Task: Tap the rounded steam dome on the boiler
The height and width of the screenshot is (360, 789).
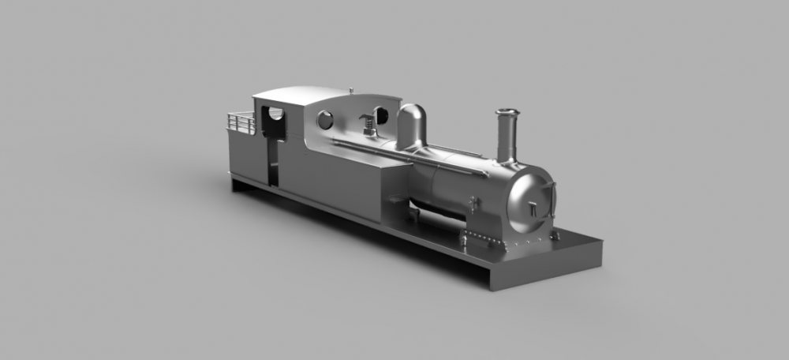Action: point(412,126)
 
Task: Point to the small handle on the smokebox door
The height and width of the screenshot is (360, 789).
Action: point(533,209)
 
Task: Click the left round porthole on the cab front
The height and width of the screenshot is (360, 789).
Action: point(325,121)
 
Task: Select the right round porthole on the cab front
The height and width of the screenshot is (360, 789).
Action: point(381,116)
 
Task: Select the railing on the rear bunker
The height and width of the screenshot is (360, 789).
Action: point(240,122)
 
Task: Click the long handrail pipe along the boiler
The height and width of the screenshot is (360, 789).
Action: point(410,157)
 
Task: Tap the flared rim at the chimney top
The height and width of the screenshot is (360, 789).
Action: point(507,113)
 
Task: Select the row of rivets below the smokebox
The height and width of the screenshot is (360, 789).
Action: point(505,240)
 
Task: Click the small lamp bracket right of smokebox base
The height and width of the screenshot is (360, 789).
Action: point(555,235)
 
